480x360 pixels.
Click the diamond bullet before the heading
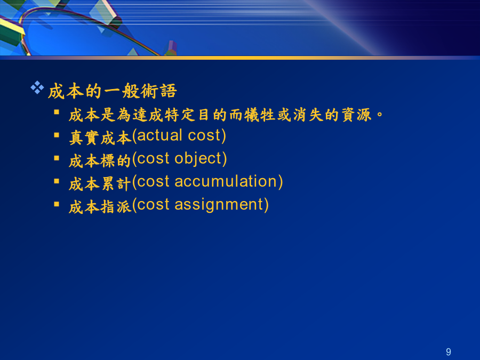click(37, 87)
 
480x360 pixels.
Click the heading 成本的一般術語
click(113, 91)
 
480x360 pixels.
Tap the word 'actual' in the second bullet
click(159, 135)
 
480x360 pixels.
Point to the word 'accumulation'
click(226, 181)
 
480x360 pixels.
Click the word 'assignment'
click(219, 205)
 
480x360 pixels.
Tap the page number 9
click(449, 352)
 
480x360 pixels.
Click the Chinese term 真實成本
click(100, 138)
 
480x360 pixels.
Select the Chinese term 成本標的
click(100, 161)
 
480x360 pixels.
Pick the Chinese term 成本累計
click(100, 184)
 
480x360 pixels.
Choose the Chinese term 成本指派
click(100, 207)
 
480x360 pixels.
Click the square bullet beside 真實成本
click(57, 135)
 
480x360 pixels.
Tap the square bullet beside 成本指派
click(57, 204)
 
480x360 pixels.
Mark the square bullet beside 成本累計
click(57, 181)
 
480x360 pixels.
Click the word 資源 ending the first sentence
click(357, 115)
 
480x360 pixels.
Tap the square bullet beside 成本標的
click(57, 158)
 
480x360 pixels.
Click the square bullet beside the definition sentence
click(57, 112)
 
